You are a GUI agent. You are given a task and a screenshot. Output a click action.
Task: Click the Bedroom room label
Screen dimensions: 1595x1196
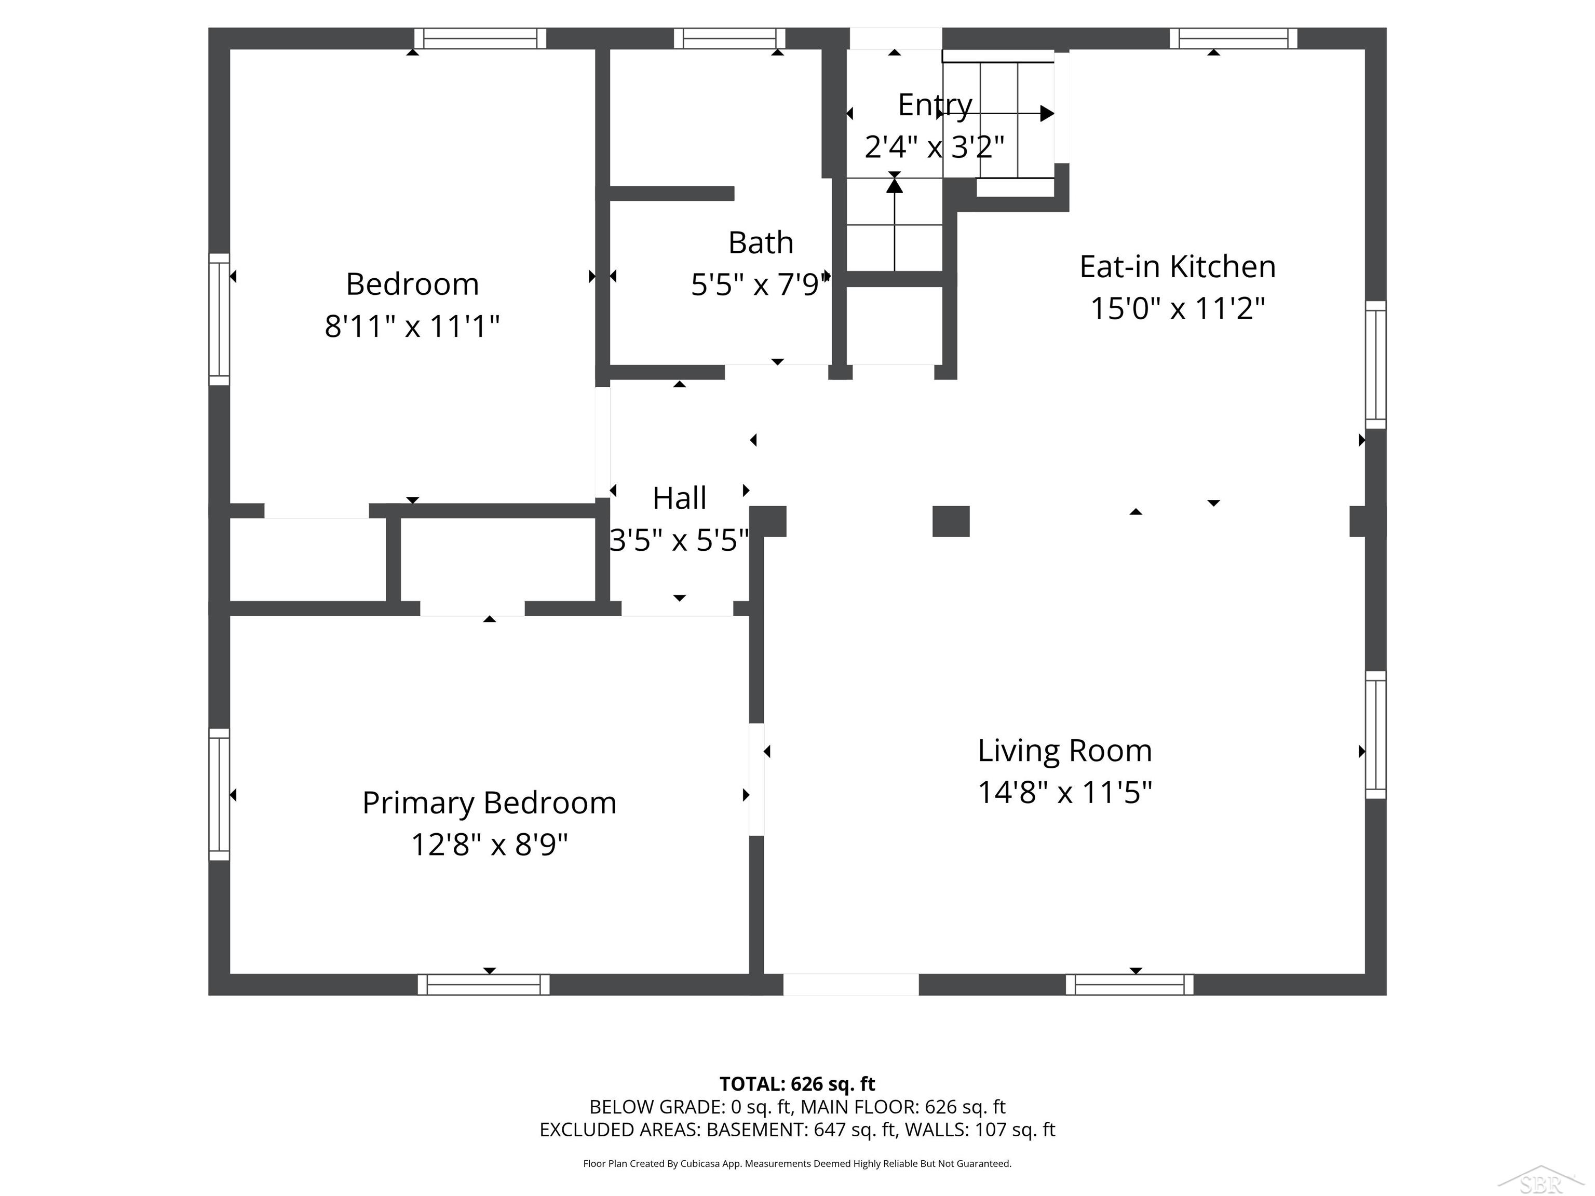click(x=412, y=284)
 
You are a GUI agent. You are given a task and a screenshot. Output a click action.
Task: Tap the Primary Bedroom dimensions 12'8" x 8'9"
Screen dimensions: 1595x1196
click(x=490, y=844)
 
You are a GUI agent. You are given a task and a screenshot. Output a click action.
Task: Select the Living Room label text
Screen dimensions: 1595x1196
click(x=1064, y=751)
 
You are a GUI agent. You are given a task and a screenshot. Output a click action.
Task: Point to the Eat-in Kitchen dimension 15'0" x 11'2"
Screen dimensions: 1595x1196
click(x=1178, y=308)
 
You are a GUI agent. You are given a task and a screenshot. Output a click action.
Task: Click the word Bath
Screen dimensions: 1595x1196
click(x=761, y=242)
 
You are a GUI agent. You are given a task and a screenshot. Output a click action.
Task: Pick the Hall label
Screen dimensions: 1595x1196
click(x=679, y=498)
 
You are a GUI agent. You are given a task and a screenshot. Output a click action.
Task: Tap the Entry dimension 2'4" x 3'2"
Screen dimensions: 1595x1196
click(x=935, y=147)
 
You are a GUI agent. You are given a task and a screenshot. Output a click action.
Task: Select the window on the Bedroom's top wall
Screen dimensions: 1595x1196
click(x=480, y=38)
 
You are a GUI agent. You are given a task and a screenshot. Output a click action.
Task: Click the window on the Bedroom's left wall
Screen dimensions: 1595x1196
click(x=219, y=319)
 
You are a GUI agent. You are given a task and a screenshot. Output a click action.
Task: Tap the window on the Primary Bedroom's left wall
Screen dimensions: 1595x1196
click(x=219, y=794)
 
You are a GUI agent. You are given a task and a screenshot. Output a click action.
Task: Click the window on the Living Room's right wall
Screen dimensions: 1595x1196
click(x=1376, y=736)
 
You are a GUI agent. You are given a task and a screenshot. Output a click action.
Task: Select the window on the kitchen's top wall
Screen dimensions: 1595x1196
click(x=1233, y=38)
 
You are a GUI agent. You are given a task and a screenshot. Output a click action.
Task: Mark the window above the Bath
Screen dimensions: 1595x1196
click(x=729, y=38)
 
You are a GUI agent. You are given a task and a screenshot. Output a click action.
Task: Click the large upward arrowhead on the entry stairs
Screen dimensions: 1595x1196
click(x=895, y=185)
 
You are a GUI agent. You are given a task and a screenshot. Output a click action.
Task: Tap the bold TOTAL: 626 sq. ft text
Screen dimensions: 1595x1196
click(x=797, y=1084)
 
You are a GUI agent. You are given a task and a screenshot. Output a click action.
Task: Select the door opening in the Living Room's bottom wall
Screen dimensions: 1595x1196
click(x=851, y=985)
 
